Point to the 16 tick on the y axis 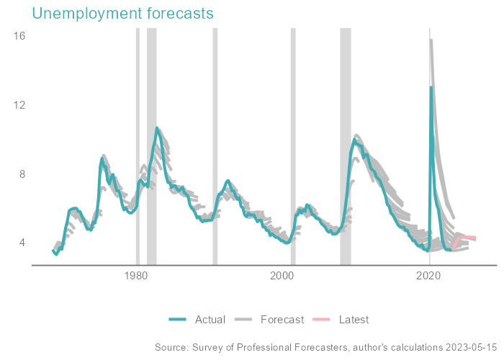tap(19, 35)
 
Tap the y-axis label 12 tap(19, 104)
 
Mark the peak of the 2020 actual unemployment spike tap(431, 87)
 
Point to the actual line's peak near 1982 tap(156, 128)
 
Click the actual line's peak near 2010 tap(355, 140)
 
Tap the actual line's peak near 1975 tap(102, 158)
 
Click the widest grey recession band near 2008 tap(346, 144)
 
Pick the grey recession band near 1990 tap(215, 144)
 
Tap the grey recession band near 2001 tap(292, 144)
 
